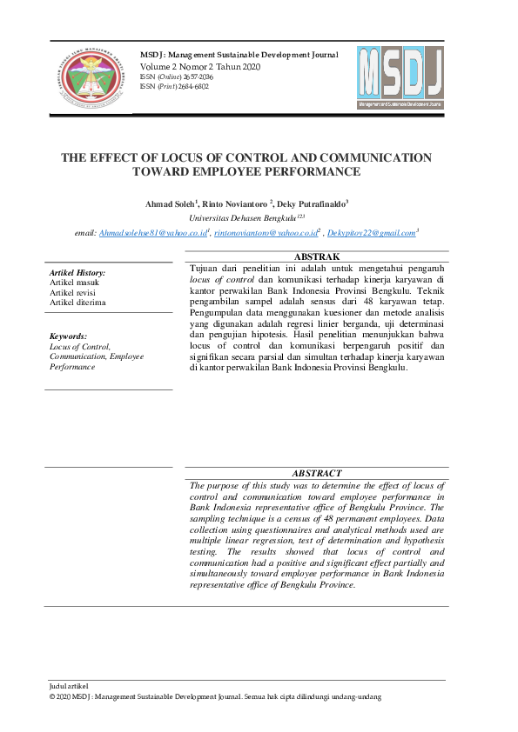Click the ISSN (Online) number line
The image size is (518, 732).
click(x=177, y=77)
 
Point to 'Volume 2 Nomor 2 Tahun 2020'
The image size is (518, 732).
click(x=201, y=66)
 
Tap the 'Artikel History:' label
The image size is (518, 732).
click(x=77, y=273)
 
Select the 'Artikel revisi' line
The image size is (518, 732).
click(x=73, y=292)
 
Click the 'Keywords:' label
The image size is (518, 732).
click(x=68, y=336)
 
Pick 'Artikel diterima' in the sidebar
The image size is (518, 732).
click(x=77, y=302)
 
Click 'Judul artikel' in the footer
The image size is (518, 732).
click(x=70, y=687)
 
